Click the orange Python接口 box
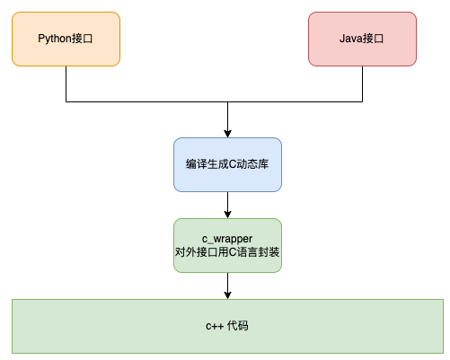pyautogui.click(x=66, y=39)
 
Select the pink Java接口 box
pyautogui.click(x=362, y=39)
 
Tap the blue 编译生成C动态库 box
pyautogui.click(x=227, y=164)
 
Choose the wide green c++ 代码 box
pyautogui.click(x=227, y=325)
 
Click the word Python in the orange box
pyautogui.click(x=55, y=39)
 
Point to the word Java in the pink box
pyautogui.click(x=352, y=39)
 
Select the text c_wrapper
pyautogui.click(x=227, y=238)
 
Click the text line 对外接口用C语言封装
pyautogui.click(x=227, y=252)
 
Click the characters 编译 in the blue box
pyautogui.click(x=195, y=164)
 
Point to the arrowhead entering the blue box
pyautogui.click(x=227, y=133)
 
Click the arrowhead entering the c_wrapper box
pyautogui.click(x=227, y=214)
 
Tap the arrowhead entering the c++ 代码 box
pyautogui.click(x=227, y=294)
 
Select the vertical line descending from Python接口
pyautogui.click(x=66, y=83)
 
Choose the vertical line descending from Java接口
pyautogui.click(x=362, y=83)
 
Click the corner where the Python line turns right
pyautogui.click(x=66, y=101)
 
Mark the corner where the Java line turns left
pyautogui.click(x=362, y=101)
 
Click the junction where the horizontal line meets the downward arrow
pyautogui.click(x=227, y=101)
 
